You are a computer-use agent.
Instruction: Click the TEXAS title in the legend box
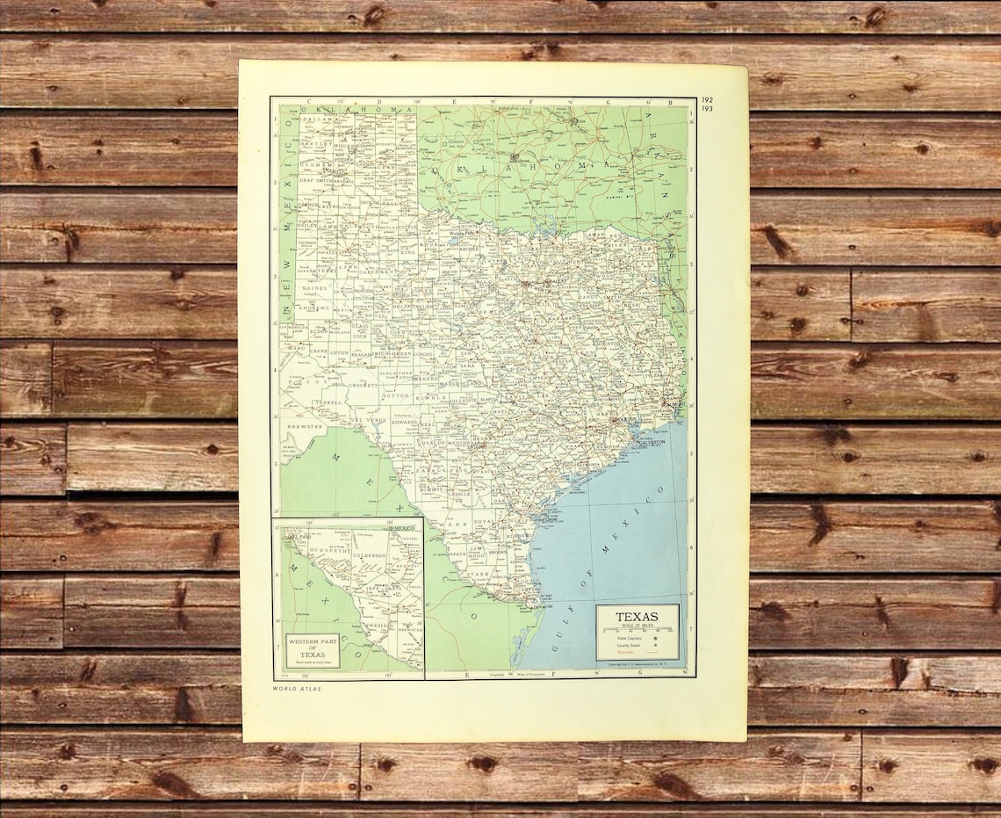pyautogui.click(x=637, y=617)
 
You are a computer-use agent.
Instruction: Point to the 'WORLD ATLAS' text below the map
pyautogui.click(x=297, y=689)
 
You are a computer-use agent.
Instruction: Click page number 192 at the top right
pyautogui.click(x=708, y=101)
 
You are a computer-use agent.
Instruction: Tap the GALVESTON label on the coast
pyautogui.click(x=652, y=442)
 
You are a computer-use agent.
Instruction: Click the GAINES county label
pyautogui.click(x=313, y=287)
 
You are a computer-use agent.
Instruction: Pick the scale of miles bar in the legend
pyautogui.click(x=637, y=630)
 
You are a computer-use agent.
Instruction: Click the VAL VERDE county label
pyautogui.click(x=368, y=421)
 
